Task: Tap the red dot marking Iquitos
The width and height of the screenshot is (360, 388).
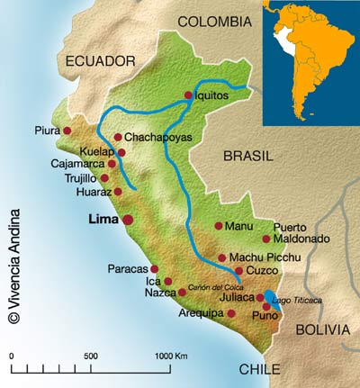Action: coord(188,95)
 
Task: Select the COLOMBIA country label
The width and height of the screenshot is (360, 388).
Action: coord(214,21)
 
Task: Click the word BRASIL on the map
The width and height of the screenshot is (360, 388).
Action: coord(247,156)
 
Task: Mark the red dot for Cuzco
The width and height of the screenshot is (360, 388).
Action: coord(238,270)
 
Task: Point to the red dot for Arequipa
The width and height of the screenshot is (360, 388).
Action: coord(231,313)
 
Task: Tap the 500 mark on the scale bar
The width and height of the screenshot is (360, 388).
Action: coord(91,356)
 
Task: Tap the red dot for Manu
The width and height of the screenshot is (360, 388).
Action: coord(218,227)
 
